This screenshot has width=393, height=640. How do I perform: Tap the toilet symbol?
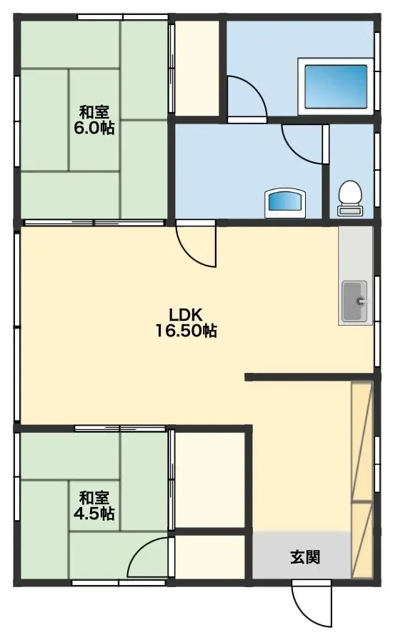pos(349,197)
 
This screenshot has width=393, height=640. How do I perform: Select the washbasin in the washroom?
pos(286,203)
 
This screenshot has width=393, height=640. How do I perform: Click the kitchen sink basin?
pos(355,301)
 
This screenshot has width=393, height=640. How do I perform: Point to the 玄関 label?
pos(304,557)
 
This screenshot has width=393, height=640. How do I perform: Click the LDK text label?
pos(187,314)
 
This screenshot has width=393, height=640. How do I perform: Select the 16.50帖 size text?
pos(187,331)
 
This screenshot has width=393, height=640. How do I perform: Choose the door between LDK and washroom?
pos(197,246)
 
